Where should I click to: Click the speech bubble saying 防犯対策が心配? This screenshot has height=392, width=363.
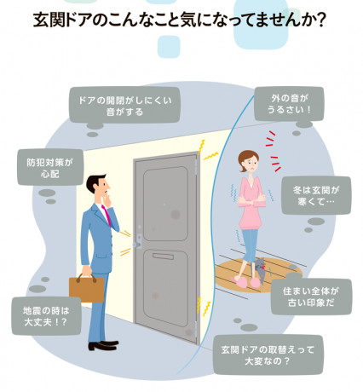[50, 167]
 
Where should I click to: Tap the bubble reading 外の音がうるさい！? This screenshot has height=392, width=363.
[289, 104]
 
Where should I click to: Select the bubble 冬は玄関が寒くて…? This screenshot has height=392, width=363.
[316, 195]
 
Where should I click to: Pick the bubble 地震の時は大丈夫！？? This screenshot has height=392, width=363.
[46, 316]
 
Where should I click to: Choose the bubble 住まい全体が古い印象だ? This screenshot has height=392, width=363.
[311, 297]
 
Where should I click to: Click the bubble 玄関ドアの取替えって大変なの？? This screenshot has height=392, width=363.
[268, 355]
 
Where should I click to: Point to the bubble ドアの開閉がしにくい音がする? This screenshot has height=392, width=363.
[124, 105]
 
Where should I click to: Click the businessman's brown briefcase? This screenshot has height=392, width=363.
[87, 287]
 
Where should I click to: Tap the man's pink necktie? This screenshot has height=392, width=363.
[107, 216]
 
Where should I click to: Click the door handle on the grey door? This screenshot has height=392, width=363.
[138, 244]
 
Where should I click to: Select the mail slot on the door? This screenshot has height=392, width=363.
[163, 257]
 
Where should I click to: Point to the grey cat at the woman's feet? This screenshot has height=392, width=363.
[260, 270]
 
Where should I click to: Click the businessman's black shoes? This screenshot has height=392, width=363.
[103, 345]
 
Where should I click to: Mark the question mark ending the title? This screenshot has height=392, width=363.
[321, 20]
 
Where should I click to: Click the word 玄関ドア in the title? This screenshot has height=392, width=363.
[63, 20]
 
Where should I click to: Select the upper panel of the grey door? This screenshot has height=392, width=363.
[166, 204]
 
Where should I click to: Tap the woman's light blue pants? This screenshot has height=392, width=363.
[250, 245]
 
